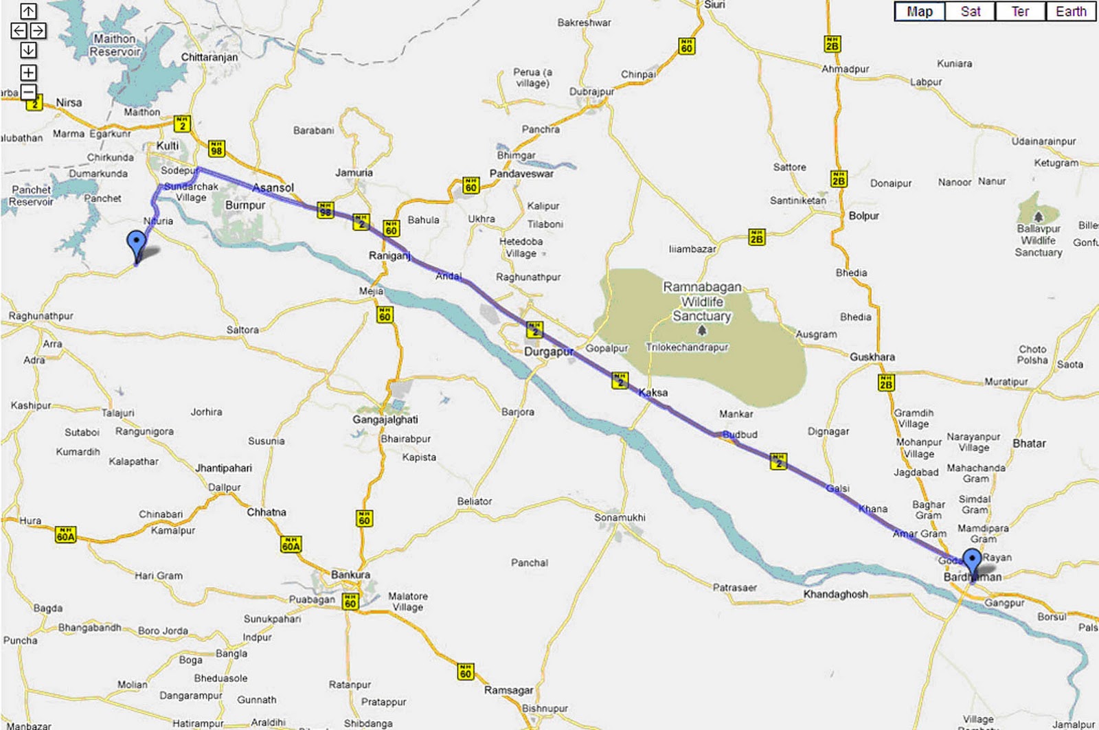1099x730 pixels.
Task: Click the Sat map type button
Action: point(970,12)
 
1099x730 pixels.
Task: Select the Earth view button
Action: point(1070,12)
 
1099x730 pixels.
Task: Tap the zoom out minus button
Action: point(28,92)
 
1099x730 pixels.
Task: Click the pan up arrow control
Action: point(28,11)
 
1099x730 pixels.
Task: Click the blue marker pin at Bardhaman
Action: point(972,560)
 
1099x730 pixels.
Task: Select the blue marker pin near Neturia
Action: point(137,244)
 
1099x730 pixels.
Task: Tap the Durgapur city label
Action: point(548,352)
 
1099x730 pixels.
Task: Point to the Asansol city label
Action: point(273,187)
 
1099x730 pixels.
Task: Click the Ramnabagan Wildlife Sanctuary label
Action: point(701,301)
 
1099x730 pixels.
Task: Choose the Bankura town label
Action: point(350,574)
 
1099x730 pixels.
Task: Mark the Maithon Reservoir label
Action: point(115,45)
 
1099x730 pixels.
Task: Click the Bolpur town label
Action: point(863,216)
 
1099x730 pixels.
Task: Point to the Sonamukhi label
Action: point(620,517)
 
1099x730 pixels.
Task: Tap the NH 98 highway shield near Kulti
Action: point(216,148)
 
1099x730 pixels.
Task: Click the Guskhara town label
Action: point(872,357)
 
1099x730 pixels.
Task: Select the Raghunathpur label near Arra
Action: point(41,316)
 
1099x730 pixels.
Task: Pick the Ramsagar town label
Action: point(508,689)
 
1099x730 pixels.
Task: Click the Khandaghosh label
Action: point(835,594)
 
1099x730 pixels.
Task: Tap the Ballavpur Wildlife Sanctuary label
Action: point(1039,240)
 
